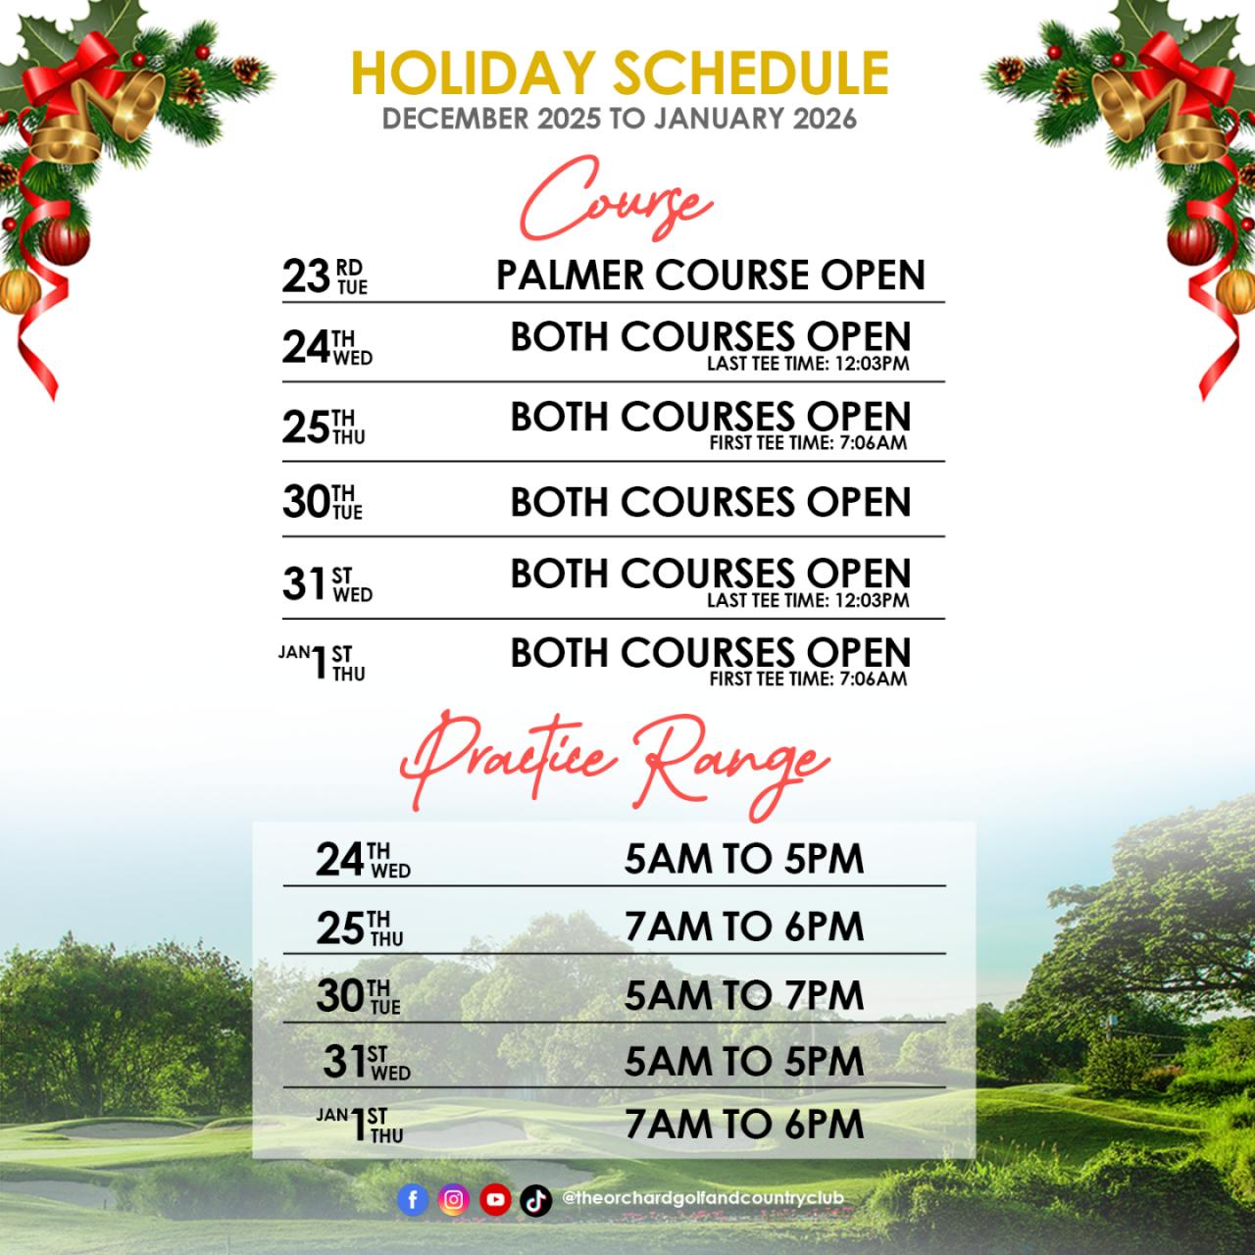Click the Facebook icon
coord(413,1199)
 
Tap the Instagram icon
coord(454,1199)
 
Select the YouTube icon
coord(495,1199)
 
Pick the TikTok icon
coord(536,1199)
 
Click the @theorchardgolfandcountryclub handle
coord(703,1198)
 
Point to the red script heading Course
coord(616,199)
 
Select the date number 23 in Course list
coord(306,276)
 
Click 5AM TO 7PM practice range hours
coord(744,995)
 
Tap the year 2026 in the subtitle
coord(825,119)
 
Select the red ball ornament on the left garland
coord(65,241)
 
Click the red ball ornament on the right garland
coord(1191,241)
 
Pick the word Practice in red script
coord(508,759)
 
